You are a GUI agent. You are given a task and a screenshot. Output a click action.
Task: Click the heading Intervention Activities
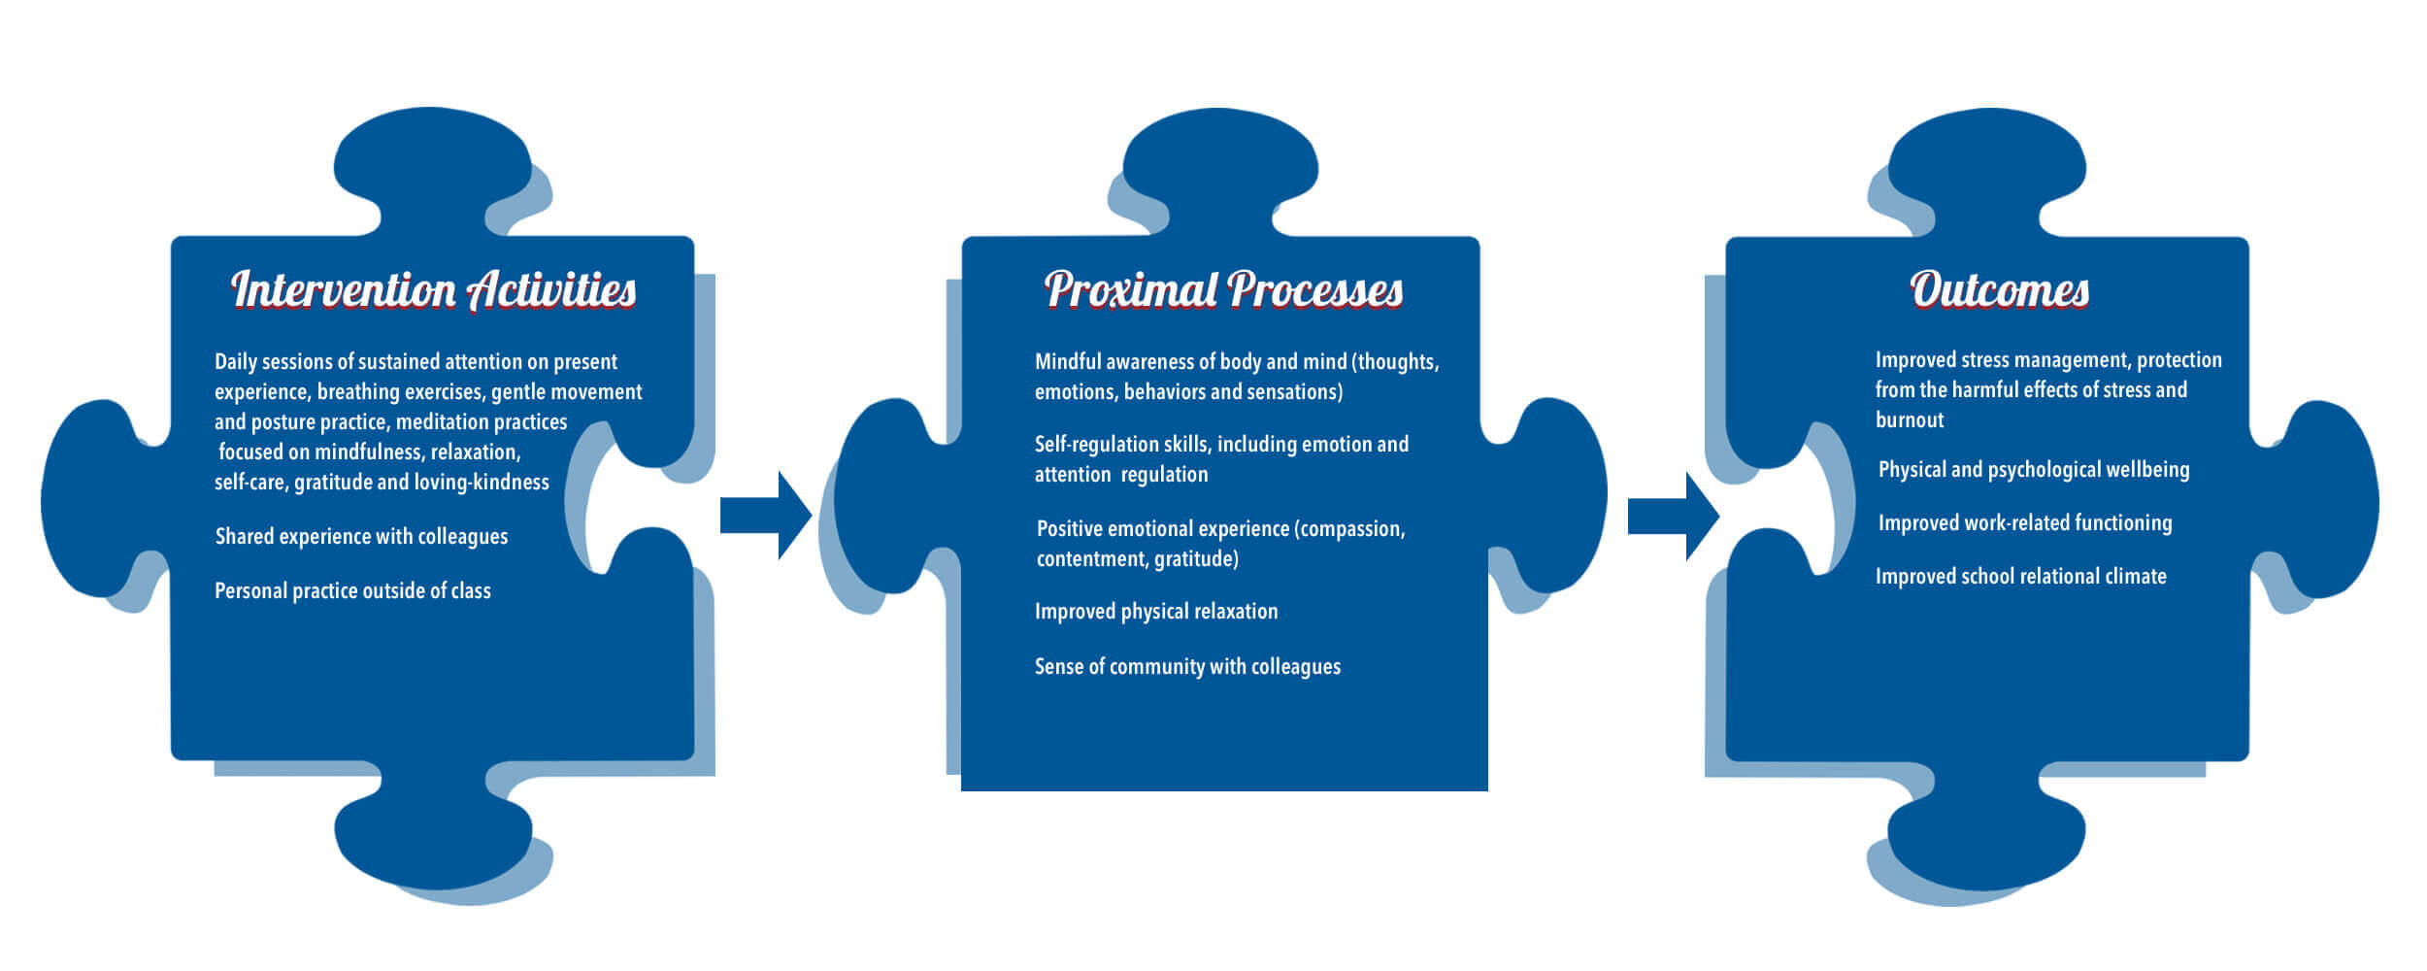[x=433, y=289]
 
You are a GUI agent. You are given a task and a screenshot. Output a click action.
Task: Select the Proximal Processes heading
[x=1223, y=289]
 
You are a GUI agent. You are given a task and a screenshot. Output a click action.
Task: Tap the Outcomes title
[x=1999, y=289]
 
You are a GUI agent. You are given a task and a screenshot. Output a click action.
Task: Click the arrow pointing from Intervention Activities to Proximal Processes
[x=765, y=515]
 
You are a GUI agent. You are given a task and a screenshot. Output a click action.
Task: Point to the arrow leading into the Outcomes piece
[x=1673, y=516]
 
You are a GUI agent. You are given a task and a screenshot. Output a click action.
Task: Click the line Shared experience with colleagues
[x=361, y=537]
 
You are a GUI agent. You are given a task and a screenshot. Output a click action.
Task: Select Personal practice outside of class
[x=352, y=591]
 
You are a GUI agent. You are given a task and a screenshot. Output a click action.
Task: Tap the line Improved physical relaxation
[x=1155, y=612]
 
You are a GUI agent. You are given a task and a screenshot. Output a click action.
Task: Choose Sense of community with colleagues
[x=1187, y=667]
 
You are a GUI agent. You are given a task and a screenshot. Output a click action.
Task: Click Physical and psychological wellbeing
[x=2033, y=470]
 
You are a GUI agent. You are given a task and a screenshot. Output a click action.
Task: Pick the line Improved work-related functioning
[x=2024, y=523]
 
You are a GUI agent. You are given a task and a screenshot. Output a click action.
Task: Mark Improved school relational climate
[x=2020, y=577]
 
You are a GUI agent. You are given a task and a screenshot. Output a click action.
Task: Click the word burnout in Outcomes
[x=1909, y=420]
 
